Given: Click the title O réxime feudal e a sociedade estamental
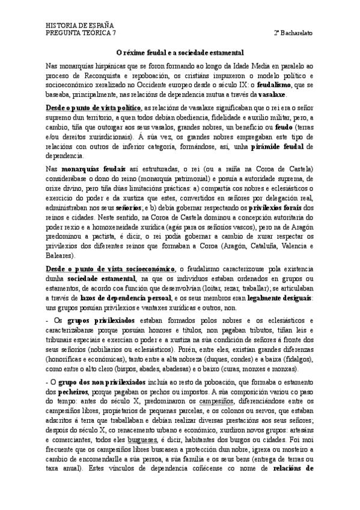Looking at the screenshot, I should point(179,52).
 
